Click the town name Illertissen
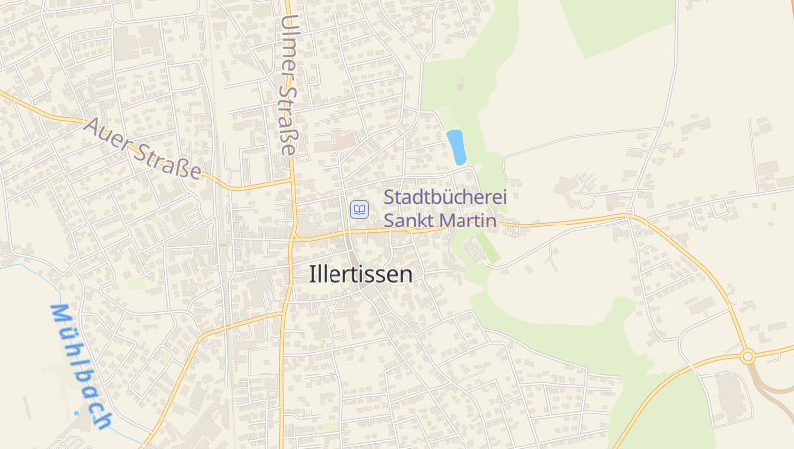(361, 275)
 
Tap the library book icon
(359, 209)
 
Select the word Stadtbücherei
(446, 198)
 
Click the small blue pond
(457, 147)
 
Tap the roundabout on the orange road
(748, 355)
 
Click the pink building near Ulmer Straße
(342, 142)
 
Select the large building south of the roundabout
(734, 397)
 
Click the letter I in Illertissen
(313, 275)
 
